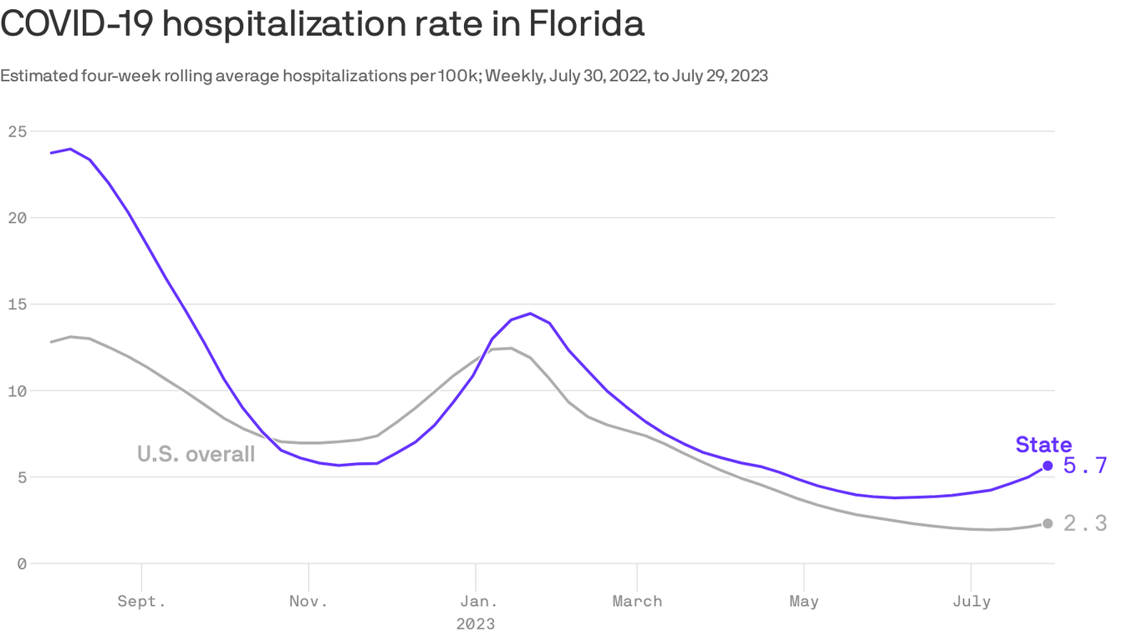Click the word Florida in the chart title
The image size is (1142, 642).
point(585,23)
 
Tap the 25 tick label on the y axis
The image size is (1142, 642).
point(17,131)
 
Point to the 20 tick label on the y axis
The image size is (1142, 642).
point(17,218)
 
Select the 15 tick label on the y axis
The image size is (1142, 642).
point(17,304)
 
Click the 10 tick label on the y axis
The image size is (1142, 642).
point(17,391)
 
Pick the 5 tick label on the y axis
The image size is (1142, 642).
point(22,477)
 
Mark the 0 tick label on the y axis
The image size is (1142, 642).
point(22,564)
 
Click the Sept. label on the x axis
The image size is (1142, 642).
point(141,601)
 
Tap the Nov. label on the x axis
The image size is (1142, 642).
point(308,601)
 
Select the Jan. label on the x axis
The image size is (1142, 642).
point(475,601)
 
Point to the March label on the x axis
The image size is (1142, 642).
point(637,601)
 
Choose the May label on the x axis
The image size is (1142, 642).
point(803,601)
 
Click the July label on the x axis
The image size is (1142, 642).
point(971,601)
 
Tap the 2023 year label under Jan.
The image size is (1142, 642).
point(475,624)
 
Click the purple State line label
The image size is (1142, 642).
point(1043,445)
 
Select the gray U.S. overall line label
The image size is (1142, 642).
point(196,454)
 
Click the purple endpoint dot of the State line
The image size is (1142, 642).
point(1048,466)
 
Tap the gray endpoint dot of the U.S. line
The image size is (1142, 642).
point(1048,523)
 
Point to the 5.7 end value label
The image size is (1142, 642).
point(1085,466)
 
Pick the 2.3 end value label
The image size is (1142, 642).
point(1085,523)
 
